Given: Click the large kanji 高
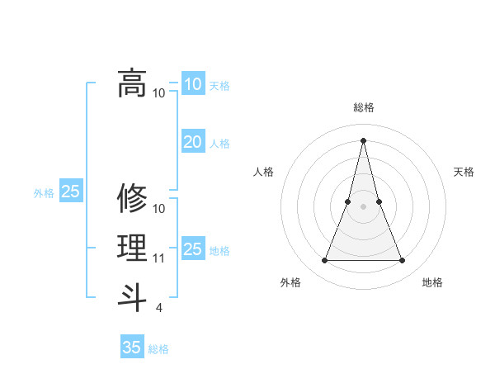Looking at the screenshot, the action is (132, 83).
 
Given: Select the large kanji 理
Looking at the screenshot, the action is (132, 247).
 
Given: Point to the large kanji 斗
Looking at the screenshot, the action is (132, 296).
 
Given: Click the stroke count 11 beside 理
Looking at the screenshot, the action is (159, 258).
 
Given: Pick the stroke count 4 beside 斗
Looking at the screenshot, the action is (158, 308).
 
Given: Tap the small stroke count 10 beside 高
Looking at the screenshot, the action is (159, 92).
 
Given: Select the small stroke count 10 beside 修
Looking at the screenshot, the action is (160, 208).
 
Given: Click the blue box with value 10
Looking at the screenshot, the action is (192, 83).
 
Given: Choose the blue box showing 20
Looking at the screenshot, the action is (192, 142).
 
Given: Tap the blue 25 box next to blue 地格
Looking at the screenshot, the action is (192, 248).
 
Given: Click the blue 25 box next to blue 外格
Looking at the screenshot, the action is (71, 192).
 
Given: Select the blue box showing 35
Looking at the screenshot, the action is (132, 347).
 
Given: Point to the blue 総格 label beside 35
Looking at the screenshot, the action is (158, 349).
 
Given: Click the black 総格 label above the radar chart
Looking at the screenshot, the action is (363, 107).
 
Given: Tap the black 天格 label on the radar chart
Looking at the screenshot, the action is (464, 172).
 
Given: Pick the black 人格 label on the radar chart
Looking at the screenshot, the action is (263, 172).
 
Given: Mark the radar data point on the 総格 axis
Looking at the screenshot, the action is (363, 140).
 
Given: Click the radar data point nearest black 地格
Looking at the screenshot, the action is (402, 261).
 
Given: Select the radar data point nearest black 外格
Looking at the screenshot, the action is (324, 261).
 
